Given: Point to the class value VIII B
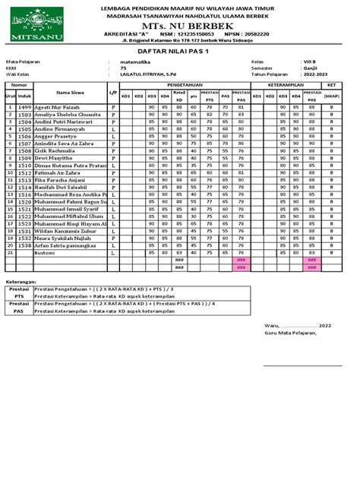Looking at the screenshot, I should pyautogui.click(x=306, y=62).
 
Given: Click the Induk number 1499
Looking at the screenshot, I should pyautogui.click(x=24, y=108).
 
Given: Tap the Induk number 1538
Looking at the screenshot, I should pyautogui.click(x=24, y=245).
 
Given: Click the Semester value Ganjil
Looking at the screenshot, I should pyautogui.click(x=306, y=68).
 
